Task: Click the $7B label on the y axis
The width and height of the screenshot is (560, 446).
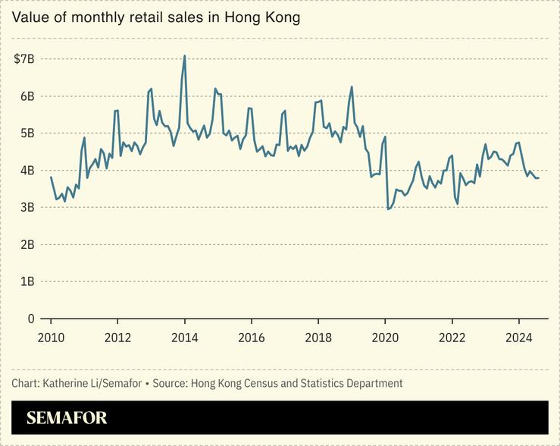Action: (24, 59)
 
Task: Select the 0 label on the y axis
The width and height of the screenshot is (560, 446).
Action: (31, 319)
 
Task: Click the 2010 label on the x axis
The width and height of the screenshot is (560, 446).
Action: (51, 338)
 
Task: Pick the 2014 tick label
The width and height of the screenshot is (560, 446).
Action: (184, 338)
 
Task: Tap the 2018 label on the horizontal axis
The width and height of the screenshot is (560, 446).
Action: (318, 338)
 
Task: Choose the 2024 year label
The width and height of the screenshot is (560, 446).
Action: (518, 338)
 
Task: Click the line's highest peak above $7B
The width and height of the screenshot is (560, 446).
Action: (184, 55)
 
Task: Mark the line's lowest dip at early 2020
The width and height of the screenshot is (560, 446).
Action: (388, 209)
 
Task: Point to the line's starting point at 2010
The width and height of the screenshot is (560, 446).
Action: (51, 177)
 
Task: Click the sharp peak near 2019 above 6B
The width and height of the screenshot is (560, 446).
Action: (352, 86)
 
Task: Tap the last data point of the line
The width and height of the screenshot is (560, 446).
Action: (538, 178)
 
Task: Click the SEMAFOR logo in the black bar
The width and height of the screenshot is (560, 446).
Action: (67, 418)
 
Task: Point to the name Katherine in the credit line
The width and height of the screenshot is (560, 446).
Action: (68, 383)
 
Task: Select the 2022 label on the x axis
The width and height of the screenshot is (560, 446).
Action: (452, 338)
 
